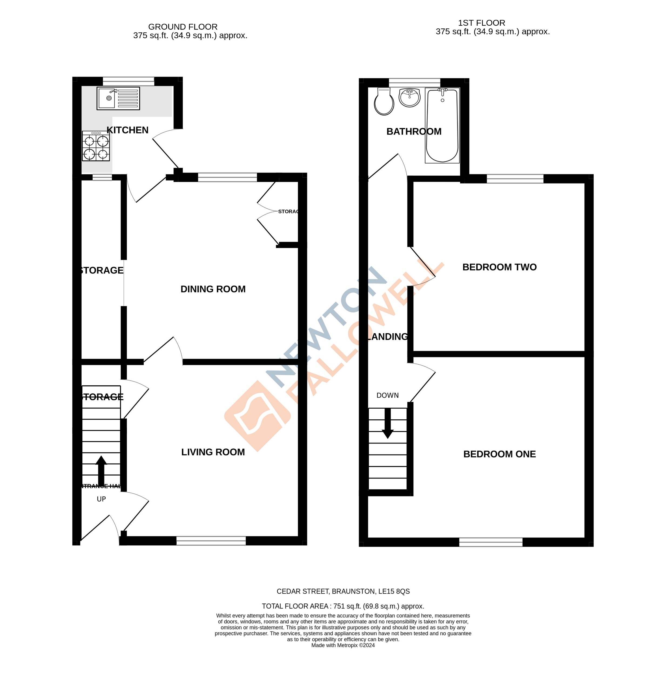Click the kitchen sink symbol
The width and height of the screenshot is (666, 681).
(x=118, y=98)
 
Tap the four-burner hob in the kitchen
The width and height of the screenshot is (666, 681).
(x=96, y=146)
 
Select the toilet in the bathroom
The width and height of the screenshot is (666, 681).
(x=384, y=102)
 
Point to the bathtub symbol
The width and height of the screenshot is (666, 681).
(x=442, y=125)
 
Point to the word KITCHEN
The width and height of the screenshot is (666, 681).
(x=128, y=130)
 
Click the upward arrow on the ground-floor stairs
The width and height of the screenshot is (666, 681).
(x=101, y=471)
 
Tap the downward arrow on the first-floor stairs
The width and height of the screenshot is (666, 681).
(x=388, y=423)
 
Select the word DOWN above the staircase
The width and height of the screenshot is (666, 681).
(x=387, y=395)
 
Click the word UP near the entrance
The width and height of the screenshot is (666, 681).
(x=101, y=499)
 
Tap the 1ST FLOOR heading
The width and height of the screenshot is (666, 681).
(x=481, y=23)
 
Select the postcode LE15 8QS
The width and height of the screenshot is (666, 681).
(x=393, y=591)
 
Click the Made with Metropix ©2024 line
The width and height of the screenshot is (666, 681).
(x=343, y=645)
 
